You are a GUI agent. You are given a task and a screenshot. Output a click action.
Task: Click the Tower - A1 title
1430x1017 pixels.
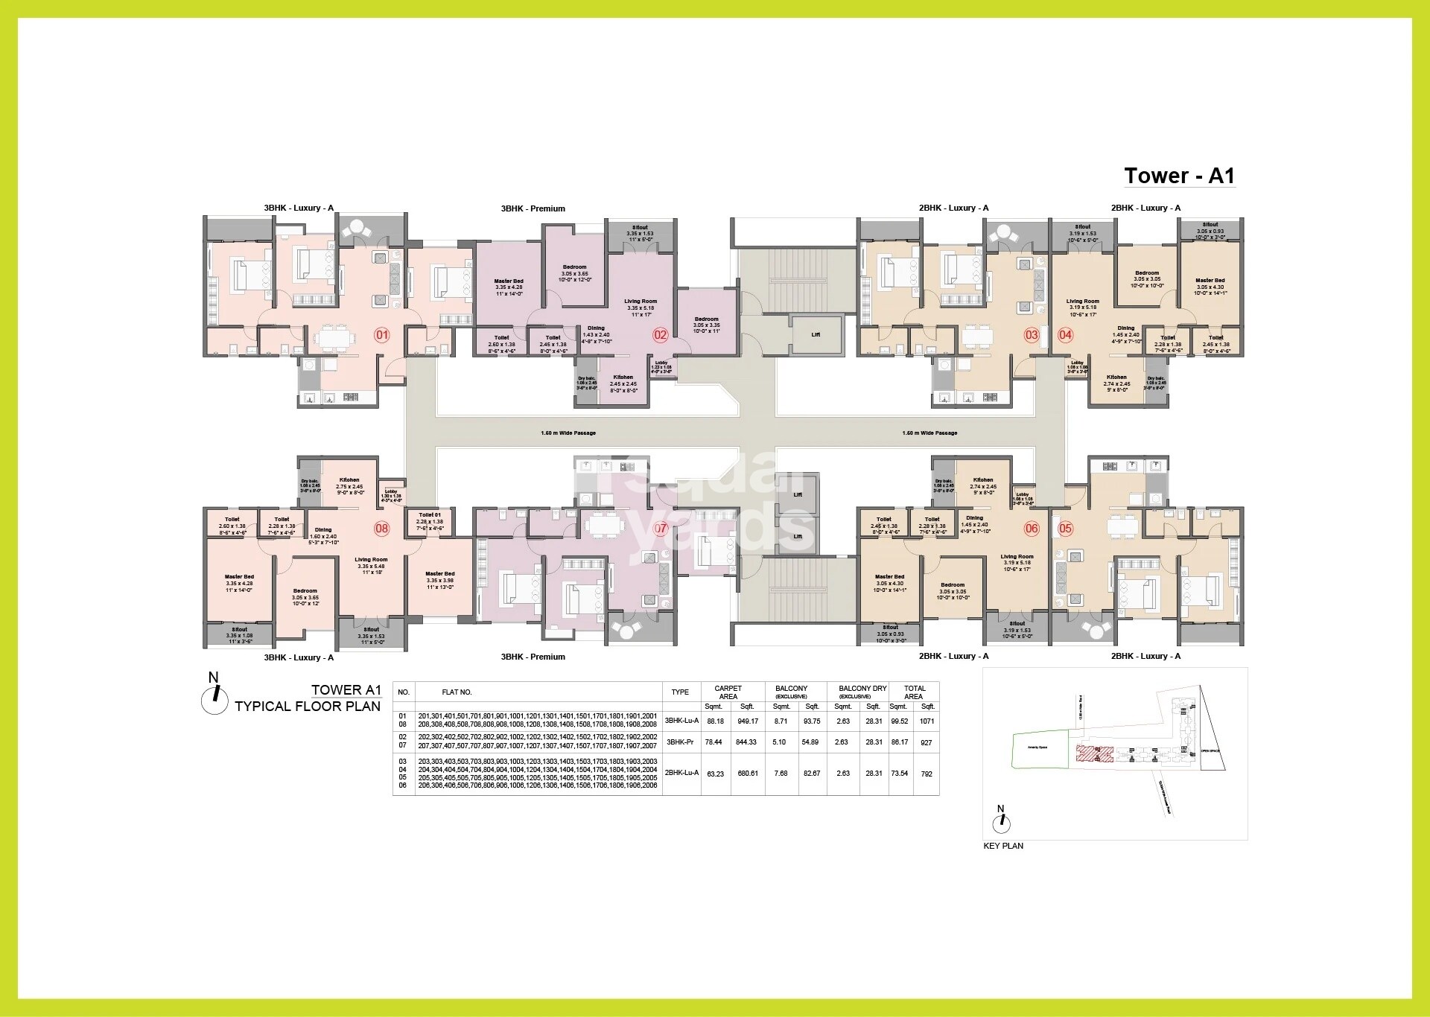[x=1179, y=176]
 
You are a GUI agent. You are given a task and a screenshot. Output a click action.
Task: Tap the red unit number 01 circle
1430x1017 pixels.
[x=381, y=335]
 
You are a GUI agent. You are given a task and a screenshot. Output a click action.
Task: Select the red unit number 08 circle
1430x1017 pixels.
[x=381, y=529]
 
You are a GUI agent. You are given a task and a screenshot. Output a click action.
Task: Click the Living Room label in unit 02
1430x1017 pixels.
[x=641, y=302]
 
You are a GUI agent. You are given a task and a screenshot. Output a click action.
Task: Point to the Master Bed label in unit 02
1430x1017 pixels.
[x=509, y=281]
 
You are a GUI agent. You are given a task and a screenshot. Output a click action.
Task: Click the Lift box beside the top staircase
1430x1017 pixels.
[x=816, y=334]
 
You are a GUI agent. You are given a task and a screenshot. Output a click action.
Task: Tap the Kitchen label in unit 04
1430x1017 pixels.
[x=1116, y=377]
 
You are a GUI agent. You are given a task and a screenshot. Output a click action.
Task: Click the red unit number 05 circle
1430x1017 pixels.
[x=1065, y=529]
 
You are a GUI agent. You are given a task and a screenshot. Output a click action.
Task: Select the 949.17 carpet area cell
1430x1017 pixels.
[x=747, y=721]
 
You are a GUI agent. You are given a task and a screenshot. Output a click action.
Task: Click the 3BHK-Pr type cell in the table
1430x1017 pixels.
[x=681, y=742]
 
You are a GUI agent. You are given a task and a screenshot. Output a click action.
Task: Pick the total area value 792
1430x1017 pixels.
[x=927, y=774]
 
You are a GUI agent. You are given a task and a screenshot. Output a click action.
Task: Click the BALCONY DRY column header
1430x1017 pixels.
[x=862, y=689]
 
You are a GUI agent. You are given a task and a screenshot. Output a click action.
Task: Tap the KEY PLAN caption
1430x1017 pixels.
[x=1002, y=846]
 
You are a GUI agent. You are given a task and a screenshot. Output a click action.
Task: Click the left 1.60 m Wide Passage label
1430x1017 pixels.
[x=568, y=433]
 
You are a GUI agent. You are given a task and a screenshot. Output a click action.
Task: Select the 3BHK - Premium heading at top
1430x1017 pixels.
[x=533, y=208]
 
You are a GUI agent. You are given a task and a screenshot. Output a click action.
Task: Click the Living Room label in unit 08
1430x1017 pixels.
[x=371, y=560]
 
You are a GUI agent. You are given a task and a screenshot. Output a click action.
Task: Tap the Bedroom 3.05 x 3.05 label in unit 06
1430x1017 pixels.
[x=952, y=585]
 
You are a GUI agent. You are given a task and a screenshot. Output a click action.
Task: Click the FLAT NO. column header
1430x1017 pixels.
[x=457, y=692]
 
